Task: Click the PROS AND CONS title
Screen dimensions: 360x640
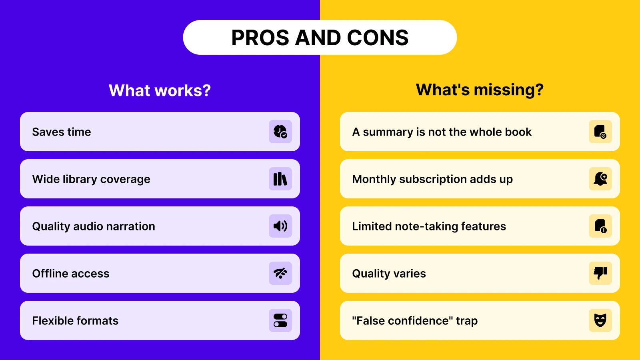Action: (x=320, y=38)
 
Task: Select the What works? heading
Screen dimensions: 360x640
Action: (x=160, y=90)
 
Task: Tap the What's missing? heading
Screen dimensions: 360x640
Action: (x=480, y=90)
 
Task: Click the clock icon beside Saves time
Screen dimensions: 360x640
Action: (x=280, y=132)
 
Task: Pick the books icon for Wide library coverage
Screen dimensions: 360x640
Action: (x=280, y=179)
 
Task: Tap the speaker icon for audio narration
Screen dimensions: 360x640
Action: (x=280, y=226)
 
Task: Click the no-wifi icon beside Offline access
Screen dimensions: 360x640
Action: (x=280, y=273)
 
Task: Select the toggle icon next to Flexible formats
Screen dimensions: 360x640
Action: (x=280, y=320)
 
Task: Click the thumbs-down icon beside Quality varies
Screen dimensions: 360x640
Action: (x=600, y=273)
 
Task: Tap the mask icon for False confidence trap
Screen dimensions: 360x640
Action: (x=600, y=320)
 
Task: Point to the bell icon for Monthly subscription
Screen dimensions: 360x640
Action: (x=600, y=179)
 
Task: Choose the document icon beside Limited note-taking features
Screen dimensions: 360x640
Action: (x=600, y=226)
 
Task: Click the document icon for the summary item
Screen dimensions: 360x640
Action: (x=600, y=132)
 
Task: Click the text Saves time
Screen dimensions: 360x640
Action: (x=62, y=132)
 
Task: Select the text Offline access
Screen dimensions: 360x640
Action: (x=71, y=274)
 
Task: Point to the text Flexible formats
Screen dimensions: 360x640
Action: (x=75, y=321)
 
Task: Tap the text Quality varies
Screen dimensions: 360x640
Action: (x=389, y=274)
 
